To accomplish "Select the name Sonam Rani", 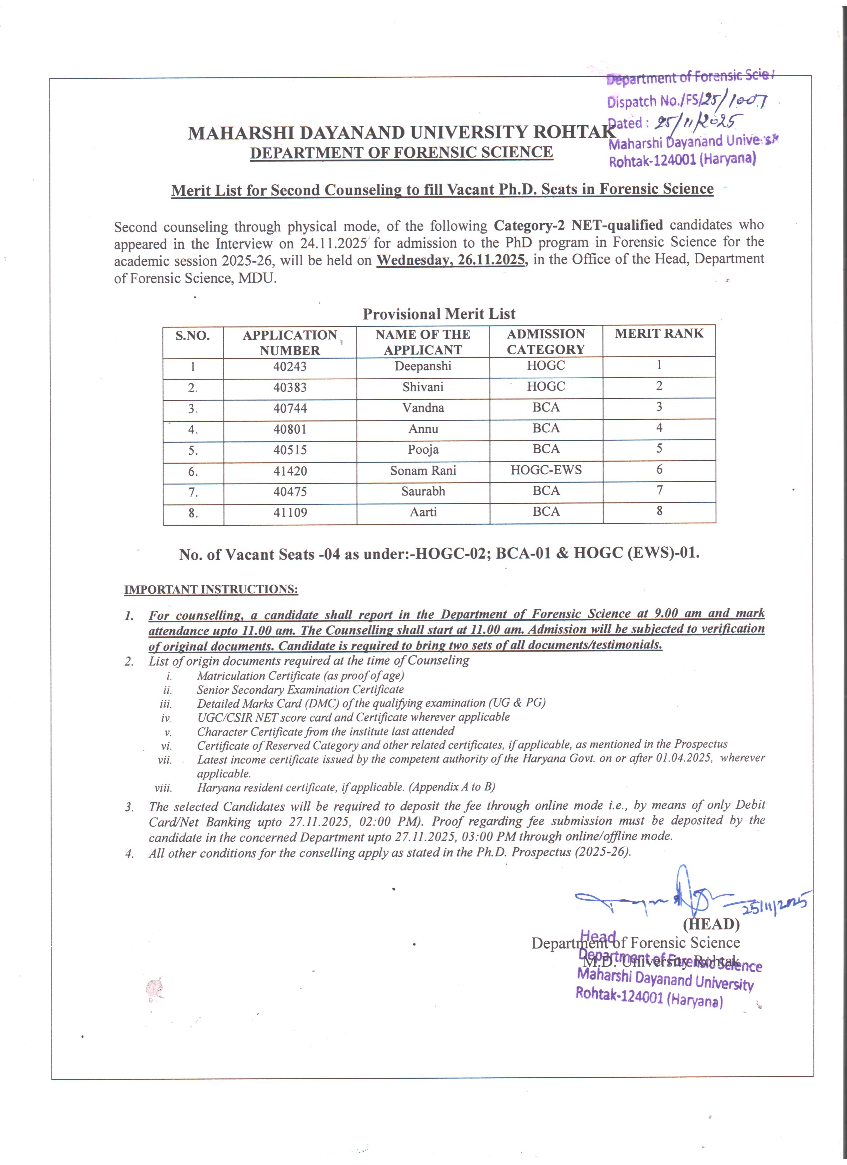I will click(x=423, y=471).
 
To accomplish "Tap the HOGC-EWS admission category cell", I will click(x=546, y=470).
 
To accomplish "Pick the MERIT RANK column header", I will click(x=659, y=334).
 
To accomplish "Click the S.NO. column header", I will click(x=193, y=336).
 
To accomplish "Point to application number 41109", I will click(x=290, y=513).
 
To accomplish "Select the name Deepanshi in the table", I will click(x=423, y=366).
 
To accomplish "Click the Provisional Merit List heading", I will click(x=439, y=314).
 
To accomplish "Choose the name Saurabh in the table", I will click(x=423, y=492).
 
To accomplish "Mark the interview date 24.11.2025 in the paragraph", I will click(x=334, y=243).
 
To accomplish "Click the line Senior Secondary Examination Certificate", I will click(x=300, y=689).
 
